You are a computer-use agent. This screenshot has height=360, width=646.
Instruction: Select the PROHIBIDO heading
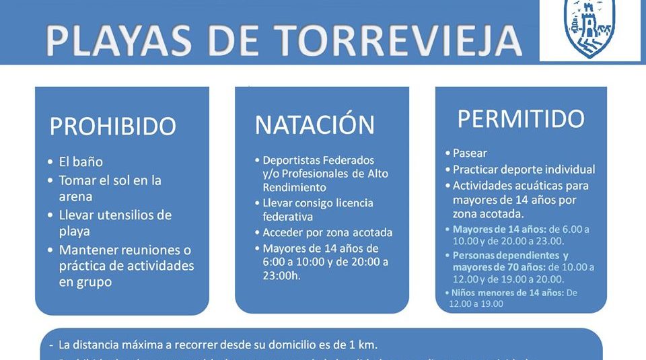112,126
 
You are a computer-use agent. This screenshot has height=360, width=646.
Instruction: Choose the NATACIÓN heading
314,124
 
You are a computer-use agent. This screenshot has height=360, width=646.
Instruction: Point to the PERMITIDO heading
521,118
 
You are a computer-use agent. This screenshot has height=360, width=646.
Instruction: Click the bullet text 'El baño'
81,162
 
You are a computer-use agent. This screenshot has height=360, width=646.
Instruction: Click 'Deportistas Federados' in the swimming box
318,161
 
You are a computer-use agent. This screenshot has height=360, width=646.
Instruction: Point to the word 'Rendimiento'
294,187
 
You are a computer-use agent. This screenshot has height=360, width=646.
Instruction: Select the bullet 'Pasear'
470,153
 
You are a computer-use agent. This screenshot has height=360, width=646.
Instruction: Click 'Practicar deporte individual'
524,169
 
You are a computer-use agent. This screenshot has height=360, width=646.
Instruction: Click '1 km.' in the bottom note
361,345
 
